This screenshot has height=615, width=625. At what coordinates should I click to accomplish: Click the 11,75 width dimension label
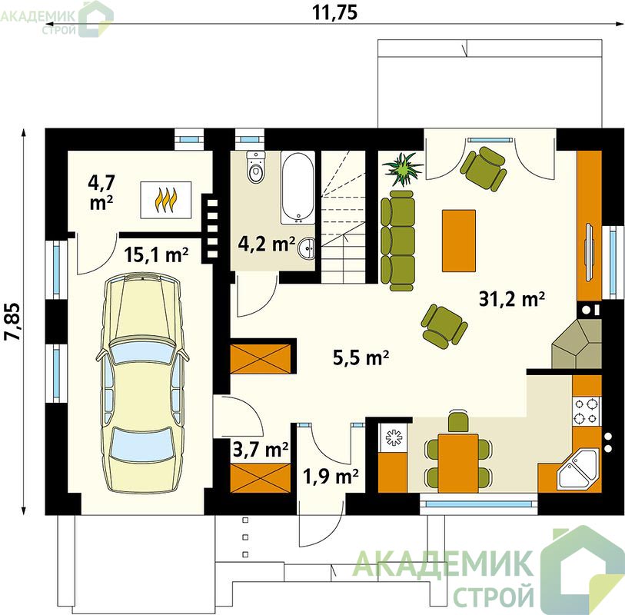tap(334, 12)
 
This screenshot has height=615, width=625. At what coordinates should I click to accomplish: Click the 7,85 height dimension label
tap(12, 321)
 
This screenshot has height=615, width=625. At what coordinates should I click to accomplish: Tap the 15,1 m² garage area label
tap(156, 254)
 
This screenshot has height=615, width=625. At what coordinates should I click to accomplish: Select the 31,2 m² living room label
tap(512, 299)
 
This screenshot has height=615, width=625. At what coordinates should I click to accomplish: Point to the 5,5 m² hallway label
tap(361, 357)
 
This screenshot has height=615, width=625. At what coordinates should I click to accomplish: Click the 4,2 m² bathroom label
tap(266, 244)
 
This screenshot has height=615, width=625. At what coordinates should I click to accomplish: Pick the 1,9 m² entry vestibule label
tap(331, 476)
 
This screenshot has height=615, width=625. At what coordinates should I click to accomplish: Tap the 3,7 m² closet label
tap(261, 450)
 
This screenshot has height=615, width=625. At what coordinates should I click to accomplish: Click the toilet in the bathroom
tap(255, 167)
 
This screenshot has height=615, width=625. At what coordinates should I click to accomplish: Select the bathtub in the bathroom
tap(298, 188)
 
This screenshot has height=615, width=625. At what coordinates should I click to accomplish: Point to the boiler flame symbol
tap(165, 200)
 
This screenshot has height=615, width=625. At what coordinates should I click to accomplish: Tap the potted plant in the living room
tap(402, 169)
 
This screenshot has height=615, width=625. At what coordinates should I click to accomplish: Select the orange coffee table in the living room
tap(458, 241)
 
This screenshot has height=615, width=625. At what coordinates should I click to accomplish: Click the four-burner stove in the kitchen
tap(587, 411)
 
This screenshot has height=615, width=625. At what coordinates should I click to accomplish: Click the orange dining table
tap(458, 464)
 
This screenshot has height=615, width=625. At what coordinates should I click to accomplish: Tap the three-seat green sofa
tap(397, 241)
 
